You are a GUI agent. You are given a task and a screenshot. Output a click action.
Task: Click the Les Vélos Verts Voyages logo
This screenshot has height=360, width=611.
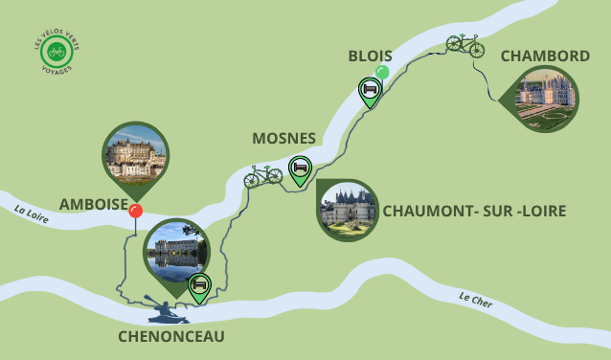pyautogui.click(x=57, y=54)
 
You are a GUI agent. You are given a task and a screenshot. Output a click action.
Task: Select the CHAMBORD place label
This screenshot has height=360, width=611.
pyautogui.click(x=545, y=56)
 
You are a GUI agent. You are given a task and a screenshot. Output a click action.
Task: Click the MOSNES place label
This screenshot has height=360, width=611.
pyautogui.click(x=283, y=139)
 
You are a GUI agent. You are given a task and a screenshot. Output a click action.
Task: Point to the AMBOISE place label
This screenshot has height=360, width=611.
pyautogui.click(x=93, y=204)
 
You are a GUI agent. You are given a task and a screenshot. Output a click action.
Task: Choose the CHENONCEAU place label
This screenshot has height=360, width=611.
pyautogui.click(x=171, y=336)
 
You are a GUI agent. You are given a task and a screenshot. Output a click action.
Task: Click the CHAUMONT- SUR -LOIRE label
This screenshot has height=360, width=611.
pyautogui.click(x=474, y=211)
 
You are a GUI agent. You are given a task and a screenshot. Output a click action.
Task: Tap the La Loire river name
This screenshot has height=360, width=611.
pyautogui.click(x=31, y=213)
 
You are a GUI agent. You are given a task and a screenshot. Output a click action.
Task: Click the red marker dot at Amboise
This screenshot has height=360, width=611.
pyautogui.click(x=136, y=211)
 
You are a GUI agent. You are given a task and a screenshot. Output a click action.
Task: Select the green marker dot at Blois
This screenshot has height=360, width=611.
pyautogui.click(x=382, y=72)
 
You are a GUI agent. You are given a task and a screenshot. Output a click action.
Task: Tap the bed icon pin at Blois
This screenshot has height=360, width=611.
pyautogui.click(x=370, y=90)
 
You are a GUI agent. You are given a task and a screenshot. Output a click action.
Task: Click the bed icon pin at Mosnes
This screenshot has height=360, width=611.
pyautogui.click(x=300, y=169)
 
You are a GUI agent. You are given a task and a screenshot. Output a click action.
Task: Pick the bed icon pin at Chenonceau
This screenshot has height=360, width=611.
pyautogui.click(x=199, y=285)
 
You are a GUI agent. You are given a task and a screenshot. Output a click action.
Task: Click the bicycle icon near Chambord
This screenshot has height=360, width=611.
pyautogui.click(x=464, y=43)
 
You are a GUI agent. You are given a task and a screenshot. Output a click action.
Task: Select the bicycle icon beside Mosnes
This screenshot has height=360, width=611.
pyautogui.click(x=262, y=175)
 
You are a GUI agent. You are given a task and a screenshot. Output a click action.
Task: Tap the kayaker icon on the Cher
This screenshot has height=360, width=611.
pyautogui.click(x=164, y=309)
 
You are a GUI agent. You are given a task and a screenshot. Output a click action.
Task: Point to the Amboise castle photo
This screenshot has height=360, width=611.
pyautogui.click(x=135, y=154)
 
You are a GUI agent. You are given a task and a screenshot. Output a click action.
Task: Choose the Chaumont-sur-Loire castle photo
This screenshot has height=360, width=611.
pyautogui.click(x=348, y=209)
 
